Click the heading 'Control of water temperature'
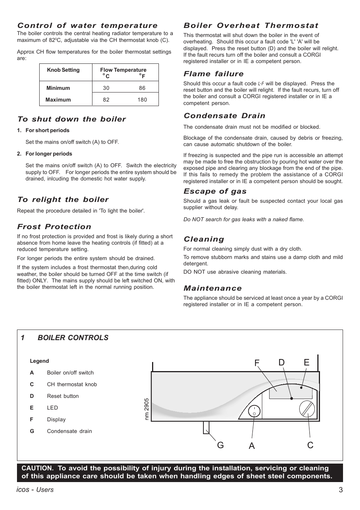[87, 26]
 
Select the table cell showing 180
[142, 100]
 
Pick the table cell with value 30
[106, 88]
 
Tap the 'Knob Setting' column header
[63, 70]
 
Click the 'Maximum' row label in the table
[58, 100]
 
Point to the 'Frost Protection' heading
[54, 227]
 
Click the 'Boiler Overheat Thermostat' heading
[251, 26]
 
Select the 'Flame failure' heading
[214, 74]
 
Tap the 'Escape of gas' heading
[215, 191]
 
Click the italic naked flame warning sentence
[243, 219]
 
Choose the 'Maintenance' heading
[212, 288]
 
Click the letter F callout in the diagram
[257, 363]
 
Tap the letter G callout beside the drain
[220, 445]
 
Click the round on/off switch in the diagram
[254, 411]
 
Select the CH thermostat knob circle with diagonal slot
[307, 409]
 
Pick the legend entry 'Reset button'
[63, 396]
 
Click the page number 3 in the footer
[340, 490]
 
